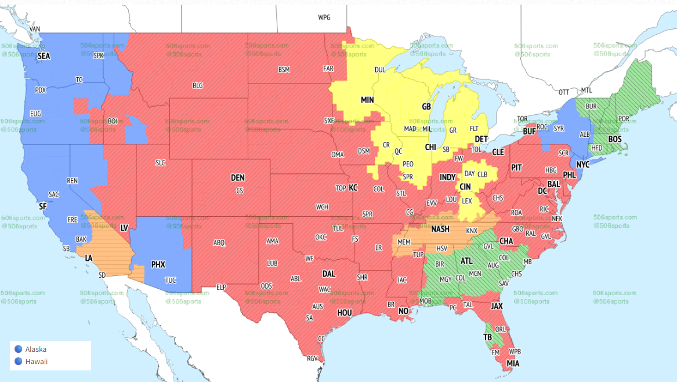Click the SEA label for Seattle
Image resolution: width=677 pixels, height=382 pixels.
click(x=44, y=56)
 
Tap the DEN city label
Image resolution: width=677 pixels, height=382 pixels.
click(x=237, y=177)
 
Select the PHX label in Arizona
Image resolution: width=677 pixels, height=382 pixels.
click(x=158, y=264)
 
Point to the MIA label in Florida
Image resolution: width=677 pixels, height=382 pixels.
click(x=513, y=363)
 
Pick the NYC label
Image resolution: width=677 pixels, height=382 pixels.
click(x=582, y=165)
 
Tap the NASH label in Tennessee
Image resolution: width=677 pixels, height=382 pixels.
click(x=440, y=230)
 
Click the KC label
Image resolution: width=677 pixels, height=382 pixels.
click(x=353, y=188)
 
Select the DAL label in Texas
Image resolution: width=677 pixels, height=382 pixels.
click(x=329, y=274)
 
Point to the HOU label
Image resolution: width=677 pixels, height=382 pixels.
click(x=345, y=312)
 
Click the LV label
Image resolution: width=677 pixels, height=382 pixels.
click(x=124, y=228)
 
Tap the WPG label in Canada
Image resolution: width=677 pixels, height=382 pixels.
click(x=324, y=17)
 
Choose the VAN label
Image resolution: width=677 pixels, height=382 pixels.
click(x=35, y=29)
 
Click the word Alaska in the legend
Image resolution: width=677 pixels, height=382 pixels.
click(x=36, y=349)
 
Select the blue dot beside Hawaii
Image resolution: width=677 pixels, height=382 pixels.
click(x=18, y=362)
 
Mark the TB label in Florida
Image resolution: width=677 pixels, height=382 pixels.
click(x=488, y=337)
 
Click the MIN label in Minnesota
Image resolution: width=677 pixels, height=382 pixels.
click(x=367, y=100)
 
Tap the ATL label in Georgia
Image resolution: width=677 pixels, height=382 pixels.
click(x=467, y=261)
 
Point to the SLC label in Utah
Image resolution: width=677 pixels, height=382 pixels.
click(x=160, y=163)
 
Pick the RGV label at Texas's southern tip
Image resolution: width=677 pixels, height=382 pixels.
click(x=313, y=358)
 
